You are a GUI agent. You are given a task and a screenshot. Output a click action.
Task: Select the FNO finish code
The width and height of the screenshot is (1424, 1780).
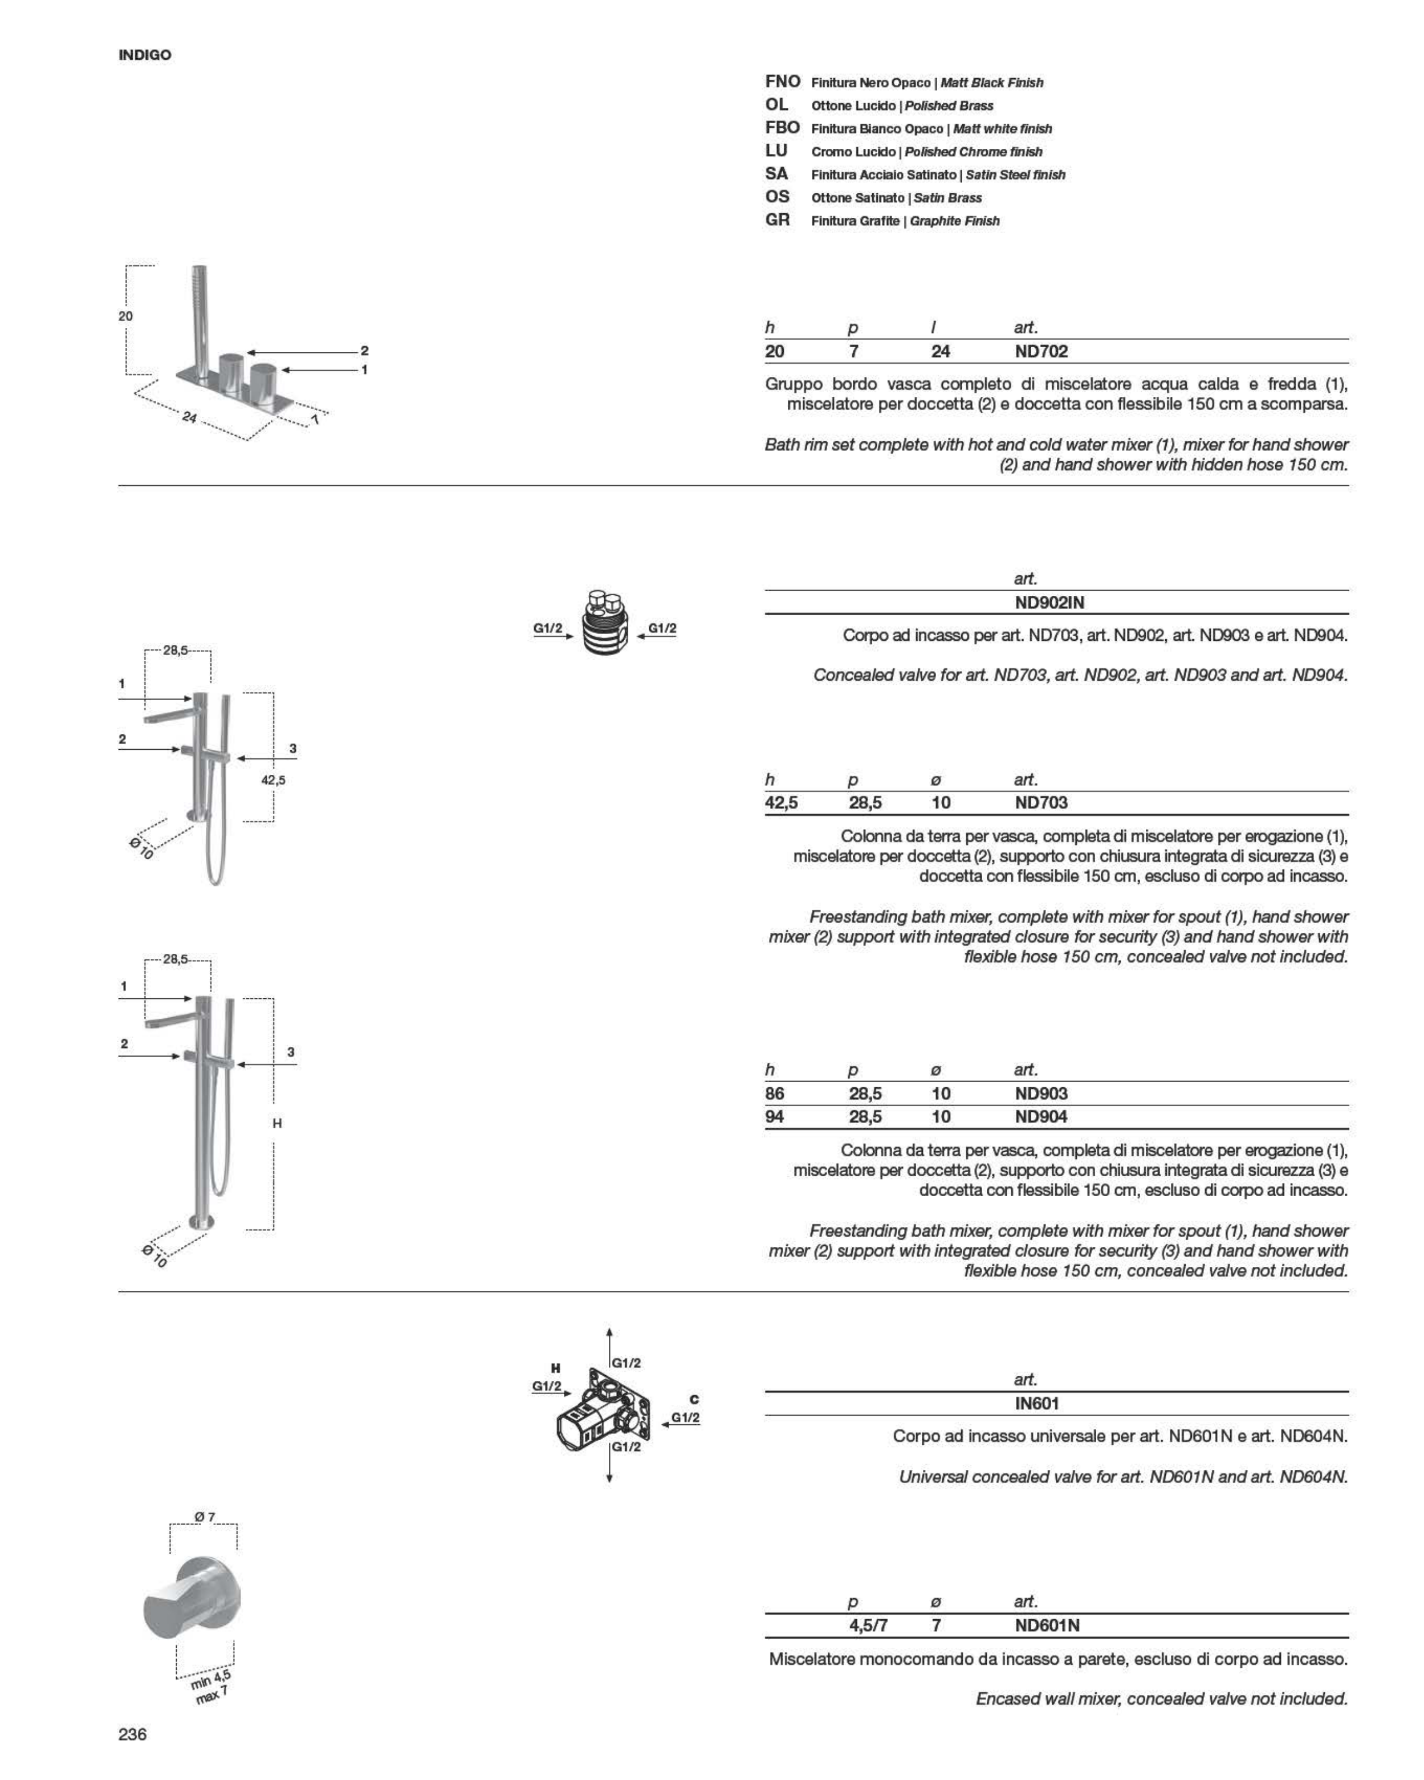[x=782, y=82]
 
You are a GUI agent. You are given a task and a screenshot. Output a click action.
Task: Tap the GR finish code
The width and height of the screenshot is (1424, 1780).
[x=777, y=220]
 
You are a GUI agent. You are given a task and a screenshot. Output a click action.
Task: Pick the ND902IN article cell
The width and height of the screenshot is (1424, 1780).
[x=1049, y=602]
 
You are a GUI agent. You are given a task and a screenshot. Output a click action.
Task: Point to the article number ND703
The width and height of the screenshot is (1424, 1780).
[x=1041, y=803]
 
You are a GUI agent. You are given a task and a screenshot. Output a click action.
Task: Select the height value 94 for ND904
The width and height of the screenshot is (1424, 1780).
[x=774, y=1116]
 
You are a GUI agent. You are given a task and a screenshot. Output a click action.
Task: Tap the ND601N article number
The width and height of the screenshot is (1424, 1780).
[x=1047, y=1625]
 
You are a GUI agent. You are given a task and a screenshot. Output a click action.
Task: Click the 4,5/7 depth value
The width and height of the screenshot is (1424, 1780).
[x=868, y=1625]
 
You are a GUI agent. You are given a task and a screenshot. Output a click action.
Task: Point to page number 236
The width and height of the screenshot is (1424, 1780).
[x=132, y=1734]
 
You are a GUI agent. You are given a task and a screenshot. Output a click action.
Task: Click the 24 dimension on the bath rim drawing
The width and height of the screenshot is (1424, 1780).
[x=190, y=418]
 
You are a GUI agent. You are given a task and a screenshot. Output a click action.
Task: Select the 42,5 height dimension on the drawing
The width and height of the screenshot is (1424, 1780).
[x=273, y=779]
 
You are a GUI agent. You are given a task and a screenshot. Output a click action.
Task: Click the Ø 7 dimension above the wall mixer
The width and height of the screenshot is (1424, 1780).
[x=205, y=1517]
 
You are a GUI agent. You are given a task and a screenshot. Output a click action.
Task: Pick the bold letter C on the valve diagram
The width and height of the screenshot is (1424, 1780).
[x=694, y=1399]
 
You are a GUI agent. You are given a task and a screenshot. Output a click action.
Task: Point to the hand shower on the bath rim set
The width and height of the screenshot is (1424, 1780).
[x=199, y=318]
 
